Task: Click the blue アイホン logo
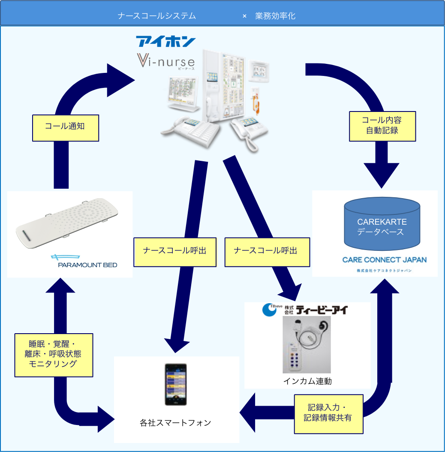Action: pos(165,42)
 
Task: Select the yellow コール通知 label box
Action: pos(66,127)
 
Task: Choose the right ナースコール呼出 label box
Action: pos(266,251)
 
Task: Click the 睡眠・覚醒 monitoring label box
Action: pos(54,355)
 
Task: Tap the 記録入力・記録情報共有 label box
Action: pos(329,414)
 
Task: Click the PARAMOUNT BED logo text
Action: pos(87,265)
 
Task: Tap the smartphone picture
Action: pos(176,385)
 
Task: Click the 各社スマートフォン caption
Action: pos(175,423)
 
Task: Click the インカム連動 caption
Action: pos(307,381)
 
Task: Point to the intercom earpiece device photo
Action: pos(306,345)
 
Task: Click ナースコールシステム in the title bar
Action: pos(156,16)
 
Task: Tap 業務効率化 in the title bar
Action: pos(275,16)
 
